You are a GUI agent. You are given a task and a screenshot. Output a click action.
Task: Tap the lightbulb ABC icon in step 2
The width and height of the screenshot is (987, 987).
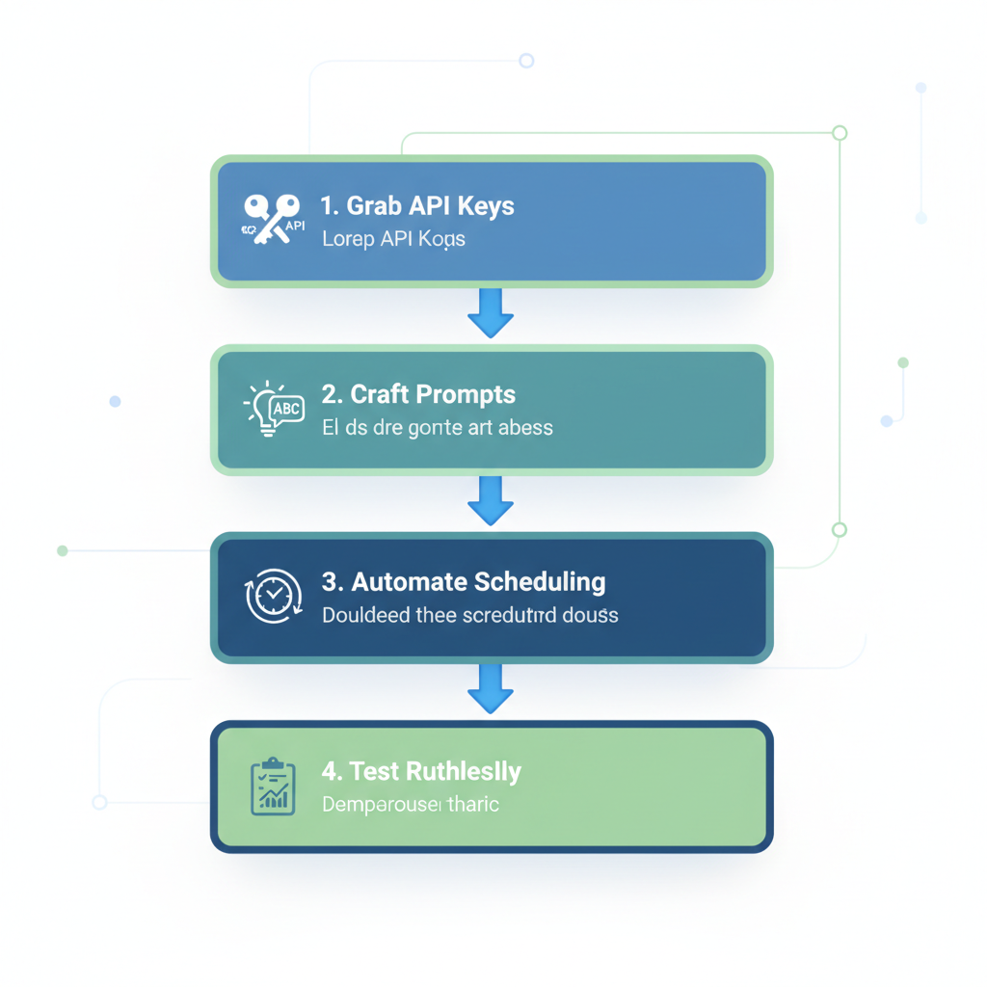point(274,409)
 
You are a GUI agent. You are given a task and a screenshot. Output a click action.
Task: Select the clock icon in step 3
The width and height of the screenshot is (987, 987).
point(274,596)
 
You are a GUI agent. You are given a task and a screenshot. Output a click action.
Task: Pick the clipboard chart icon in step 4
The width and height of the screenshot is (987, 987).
point(273,786)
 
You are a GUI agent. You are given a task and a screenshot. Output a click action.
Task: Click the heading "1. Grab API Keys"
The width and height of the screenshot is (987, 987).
point(417,206)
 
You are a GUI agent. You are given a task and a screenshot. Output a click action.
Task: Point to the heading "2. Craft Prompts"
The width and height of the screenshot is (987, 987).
point(418,394)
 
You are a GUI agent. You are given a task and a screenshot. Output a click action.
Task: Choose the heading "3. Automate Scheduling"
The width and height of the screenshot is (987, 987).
point(463,582)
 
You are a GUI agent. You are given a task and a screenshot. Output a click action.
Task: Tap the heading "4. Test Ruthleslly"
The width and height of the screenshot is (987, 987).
point(421,771)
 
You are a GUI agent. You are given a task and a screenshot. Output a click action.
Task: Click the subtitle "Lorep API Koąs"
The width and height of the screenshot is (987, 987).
point(393,239)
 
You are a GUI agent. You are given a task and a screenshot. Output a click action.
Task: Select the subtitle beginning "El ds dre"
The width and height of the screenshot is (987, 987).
point(437,427)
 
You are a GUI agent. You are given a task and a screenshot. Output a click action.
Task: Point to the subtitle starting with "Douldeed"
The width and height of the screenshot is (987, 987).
point(469,615)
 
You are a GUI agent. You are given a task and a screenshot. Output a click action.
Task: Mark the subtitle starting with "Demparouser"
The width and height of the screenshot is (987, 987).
point(410,804)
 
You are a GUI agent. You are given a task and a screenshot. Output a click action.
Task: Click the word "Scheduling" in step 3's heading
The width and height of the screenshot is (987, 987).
point(540,582)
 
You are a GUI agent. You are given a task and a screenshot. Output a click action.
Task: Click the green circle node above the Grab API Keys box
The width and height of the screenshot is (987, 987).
point(840,133)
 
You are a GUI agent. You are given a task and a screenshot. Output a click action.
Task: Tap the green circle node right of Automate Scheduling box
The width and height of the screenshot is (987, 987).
point(840,530)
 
